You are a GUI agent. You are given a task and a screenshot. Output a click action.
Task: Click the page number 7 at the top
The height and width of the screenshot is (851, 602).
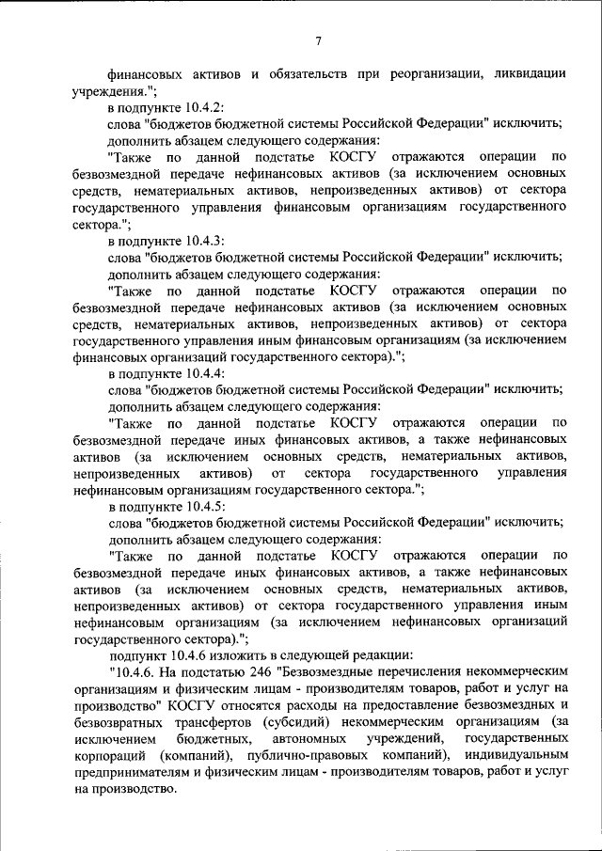click(x=319, y=39)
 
